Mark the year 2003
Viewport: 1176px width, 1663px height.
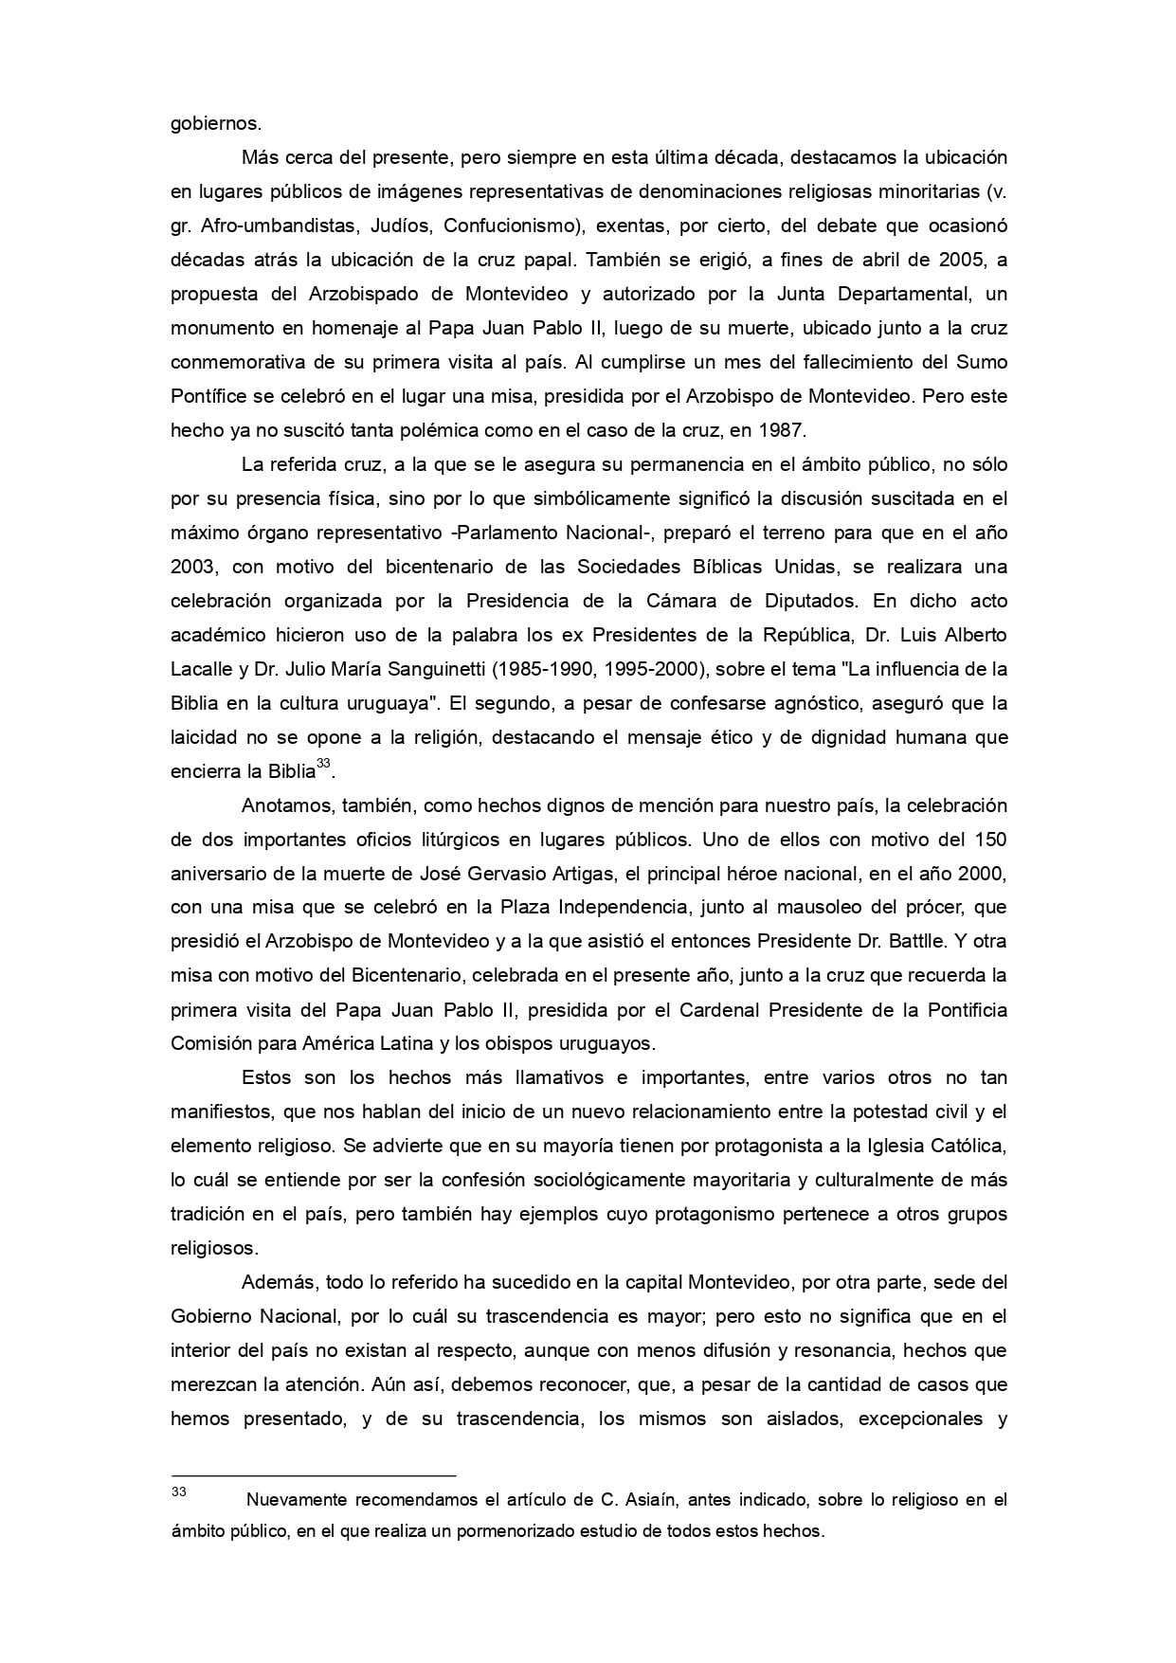click(193, 567)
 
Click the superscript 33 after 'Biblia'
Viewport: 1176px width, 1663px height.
click(322, 764)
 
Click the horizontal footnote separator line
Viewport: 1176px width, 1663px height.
click(313, 1474)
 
